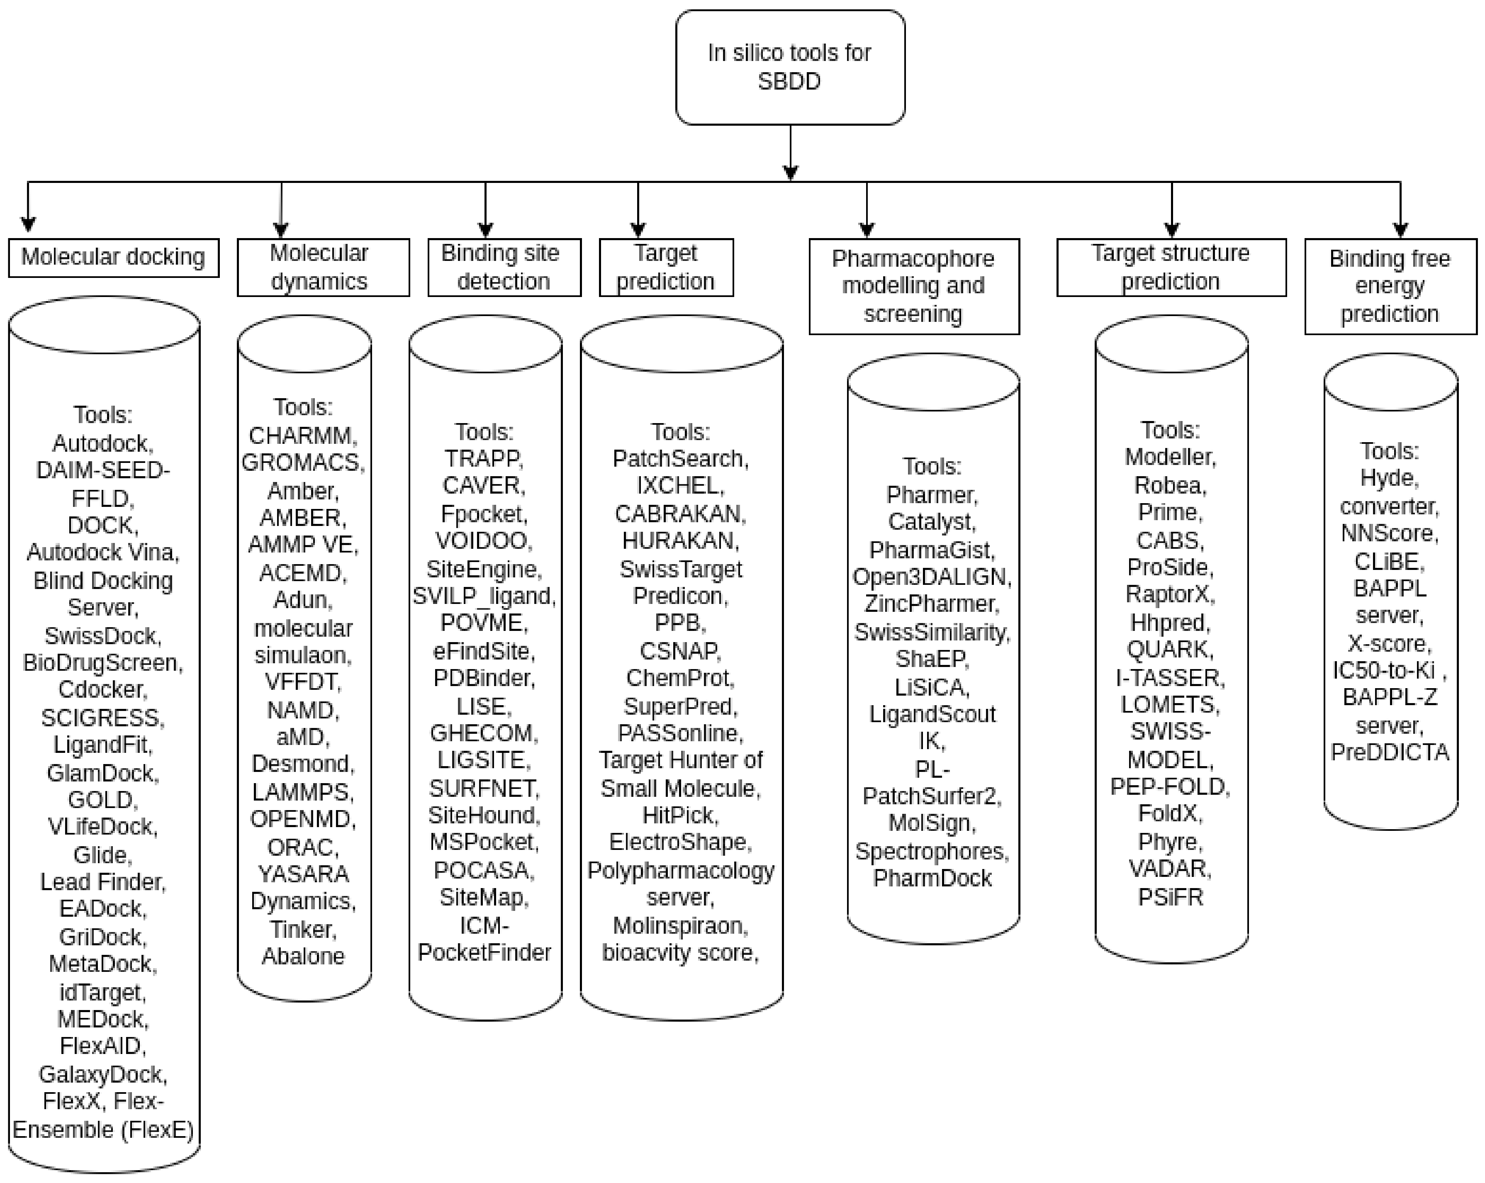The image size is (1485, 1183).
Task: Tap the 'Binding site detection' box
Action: tap(504, 267)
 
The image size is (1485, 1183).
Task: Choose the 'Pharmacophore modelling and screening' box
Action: tap(913, 287)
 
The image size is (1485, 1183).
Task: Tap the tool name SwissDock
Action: tap(102, 635)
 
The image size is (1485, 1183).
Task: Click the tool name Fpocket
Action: tap(484, 514)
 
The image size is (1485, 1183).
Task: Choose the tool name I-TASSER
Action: tap(1170, 678)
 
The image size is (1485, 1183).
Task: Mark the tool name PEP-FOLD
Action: tap(1170, 786)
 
